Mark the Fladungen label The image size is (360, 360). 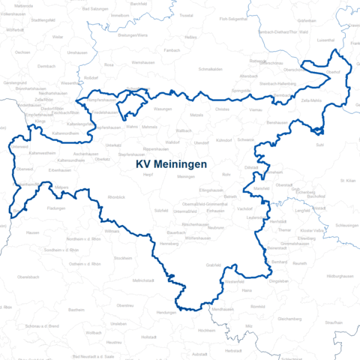click(56, 208)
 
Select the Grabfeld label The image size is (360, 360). click(213, 265)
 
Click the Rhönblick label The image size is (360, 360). click(116, 196)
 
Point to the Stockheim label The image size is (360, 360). click(122, 257)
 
